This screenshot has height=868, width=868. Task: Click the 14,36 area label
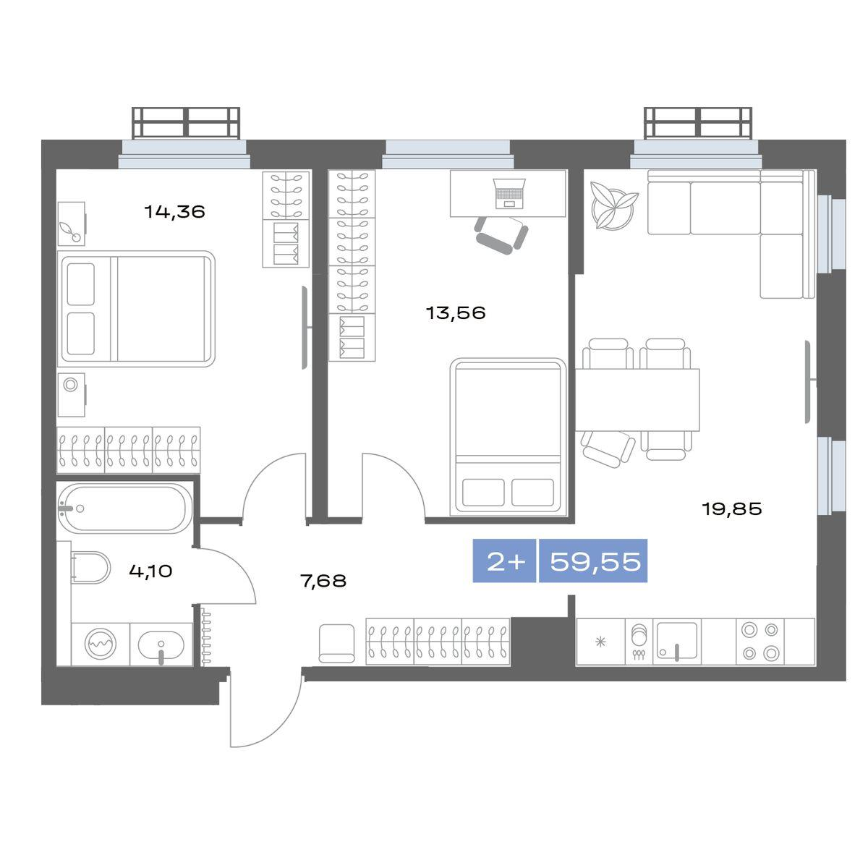[x=174, y=211]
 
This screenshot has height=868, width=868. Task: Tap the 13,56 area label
[x=456, y=312]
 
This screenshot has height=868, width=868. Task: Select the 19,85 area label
[x=731, y=509]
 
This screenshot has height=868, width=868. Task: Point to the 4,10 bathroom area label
[x=150, y=571]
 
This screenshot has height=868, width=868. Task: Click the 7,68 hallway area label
[x=323, y=581]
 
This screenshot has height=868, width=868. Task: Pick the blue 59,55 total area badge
[x=593, y=561]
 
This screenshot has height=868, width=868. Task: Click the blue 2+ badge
[x=504, y=561]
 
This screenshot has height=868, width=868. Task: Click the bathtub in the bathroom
[x=122, y=508]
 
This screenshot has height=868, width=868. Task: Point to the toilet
[x=90, y=568]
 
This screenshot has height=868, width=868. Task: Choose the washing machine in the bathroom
[x=101, y=644]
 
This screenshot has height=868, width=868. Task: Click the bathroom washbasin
[x=161, y=644]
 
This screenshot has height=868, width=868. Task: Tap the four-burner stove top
[x=760, y=641]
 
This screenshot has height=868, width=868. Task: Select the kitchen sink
[x=676, y=641]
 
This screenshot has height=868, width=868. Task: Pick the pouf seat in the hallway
[x=336, y=643]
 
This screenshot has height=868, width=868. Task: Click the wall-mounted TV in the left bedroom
[x=306, y=328]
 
